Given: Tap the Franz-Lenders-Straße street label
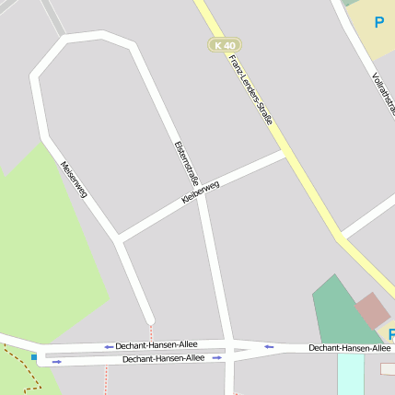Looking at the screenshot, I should pyautogui.click(x=251, y=89).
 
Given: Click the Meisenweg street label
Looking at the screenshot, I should pyautogui.click(x=74, y=180).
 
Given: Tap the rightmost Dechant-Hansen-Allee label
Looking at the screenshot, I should pyautogui.click(x=349, y=348).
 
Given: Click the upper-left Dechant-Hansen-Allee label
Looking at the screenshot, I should pyautogui.click(x=157, y=345).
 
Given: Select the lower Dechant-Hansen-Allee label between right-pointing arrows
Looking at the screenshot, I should pyautogui.click(x=163, y=358).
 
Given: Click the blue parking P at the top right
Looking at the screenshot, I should pyautogui.click(x=378, y=22).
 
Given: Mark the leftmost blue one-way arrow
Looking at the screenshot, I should pyautogui.click(x=57, y=362).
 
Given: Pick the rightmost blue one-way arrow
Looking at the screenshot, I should pyautogui.click(x=269, y=347).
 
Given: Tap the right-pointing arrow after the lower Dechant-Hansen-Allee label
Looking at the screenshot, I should pyautogui.click(x=216, y=357).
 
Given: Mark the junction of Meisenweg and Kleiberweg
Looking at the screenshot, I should pyautogui.click(x=119, y=240).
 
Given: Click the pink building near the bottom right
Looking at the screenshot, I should pyautogui.click(x=373, y=310).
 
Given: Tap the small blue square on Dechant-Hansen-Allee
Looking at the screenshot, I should pyautogui.click(x=35, y=356).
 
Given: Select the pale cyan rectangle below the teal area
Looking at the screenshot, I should pyautogui.click(x=350, y=372).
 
